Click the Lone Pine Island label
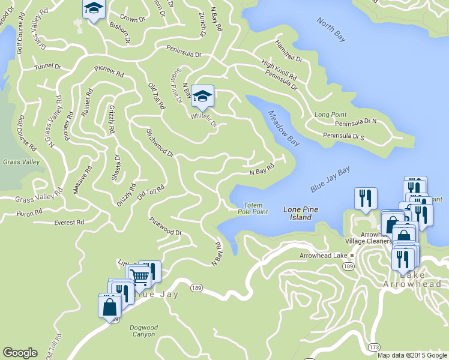pos(300,213)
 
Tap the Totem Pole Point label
pos(253,209)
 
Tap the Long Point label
pos(331,114)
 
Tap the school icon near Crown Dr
pos(94,9)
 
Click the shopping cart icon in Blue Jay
pos(139,277)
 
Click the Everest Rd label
pos(69,223)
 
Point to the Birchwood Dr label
pos(160,143)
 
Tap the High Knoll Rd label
pos(279,71)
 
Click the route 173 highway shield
pos(375,347)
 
